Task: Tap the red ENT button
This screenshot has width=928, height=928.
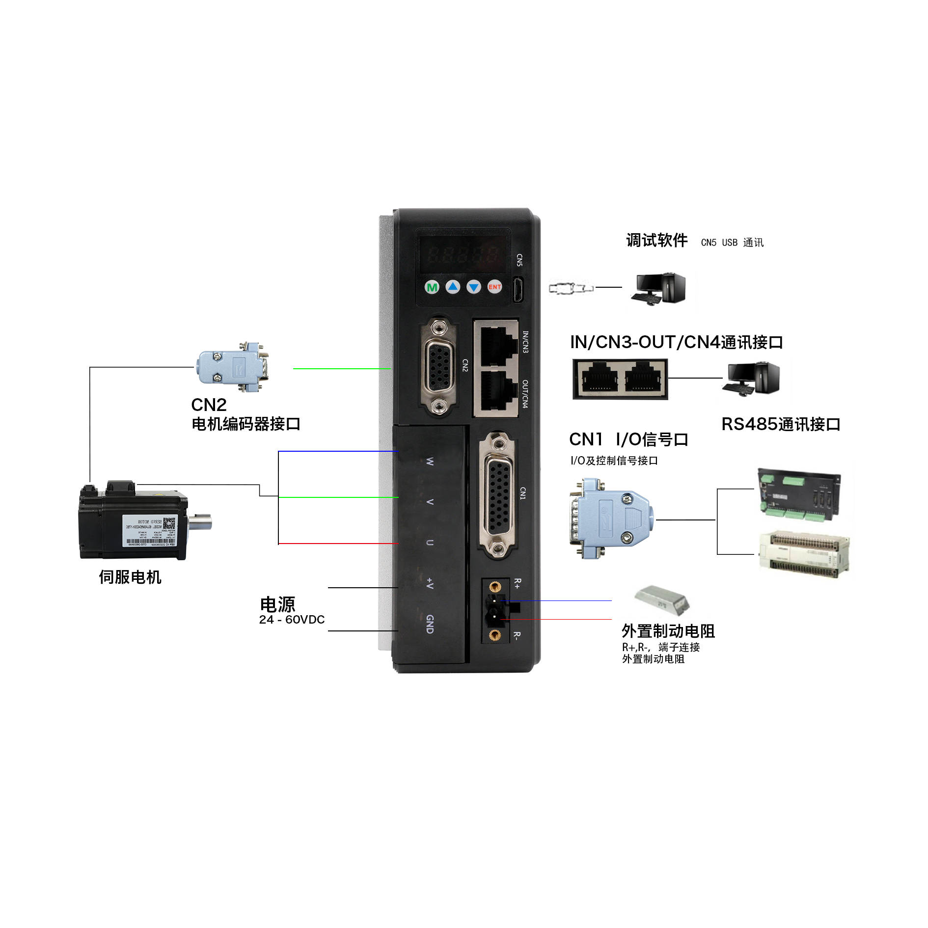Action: click(x=494, y=287)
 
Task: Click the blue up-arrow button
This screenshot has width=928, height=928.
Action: click(x=453, y=287)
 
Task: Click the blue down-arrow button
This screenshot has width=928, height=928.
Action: click(x=474, y=287)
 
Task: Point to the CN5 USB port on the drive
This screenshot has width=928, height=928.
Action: click(x=518, y=289)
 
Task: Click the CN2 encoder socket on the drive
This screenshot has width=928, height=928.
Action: click(x=439, y=366)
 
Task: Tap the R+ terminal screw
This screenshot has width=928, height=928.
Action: click(x=495, y=586)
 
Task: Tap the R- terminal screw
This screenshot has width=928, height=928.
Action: click(x=495, y=636)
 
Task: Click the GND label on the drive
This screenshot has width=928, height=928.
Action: click(x=430, y=624)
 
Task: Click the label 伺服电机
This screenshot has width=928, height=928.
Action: click(x=130, y=577)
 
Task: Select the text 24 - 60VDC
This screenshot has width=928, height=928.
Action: click(x=292, y=620)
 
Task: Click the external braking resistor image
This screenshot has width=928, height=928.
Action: click(x=661, y=599)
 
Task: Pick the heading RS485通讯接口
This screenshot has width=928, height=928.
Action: click(x=780, y=424)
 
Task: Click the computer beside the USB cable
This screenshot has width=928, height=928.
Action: click(x=658, y=288)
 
